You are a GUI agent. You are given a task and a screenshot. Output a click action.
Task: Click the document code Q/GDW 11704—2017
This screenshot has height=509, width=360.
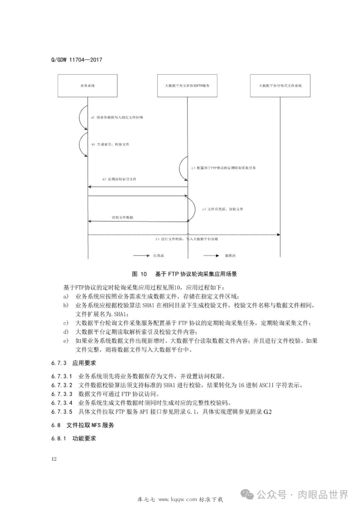(77, 60)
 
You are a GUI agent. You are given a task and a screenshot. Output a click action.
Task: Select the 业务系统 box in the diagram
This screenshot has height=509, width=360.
(87, 86)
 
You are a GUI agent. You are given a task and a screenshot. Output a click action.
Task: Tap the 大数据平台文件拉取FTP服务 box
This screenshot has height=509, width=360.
(187, 86)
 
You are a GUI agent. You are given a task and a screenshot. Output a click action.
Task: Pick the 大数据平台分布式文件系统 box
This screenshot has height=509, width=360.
(280, 86)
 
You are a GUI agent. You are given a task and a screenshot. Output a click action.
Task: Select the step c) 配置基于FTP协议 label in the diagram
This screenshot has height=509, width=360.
(223, 168)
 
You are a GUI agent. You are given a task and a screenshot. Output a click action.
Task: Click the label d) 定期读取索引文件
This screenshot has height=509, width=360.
(119, 179)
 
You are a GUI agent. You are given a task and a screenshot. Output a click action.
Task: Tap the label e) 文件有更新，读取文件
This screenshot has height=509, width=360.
(222, 209)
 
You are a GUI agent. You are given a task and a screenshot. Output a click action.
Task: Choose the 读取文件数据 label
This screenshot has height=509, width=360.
(122, 217)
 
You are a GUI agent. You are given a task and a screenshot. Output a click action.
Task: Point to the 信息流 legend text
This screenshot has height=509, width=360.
(159, 256)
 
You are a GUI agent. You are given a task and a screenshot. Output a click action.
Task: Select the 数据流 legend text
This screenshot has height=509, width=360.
(230, 256)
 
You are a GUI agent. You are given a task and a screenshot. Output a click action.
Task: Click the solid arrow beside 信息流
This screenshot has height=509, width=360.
(141, 256)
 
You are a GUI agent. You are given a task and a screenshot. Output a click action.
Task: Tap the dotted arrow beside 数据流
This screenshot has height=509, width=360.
(211, 256)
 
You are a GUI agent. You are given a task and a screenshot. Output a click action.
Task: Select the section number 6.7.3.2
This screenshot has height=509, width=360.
(62, 385)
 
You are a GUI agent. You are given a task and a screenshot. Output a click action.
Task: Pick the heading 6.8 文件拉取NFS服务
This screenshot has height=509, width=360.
(83, 425)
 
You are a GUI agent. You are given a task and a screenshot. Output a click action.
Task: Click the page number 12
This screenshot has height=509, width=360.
(54, 459)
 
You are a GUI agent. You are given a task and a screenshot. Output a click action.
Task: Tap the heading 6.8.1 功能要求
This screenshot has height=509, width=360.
(74, 438)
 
